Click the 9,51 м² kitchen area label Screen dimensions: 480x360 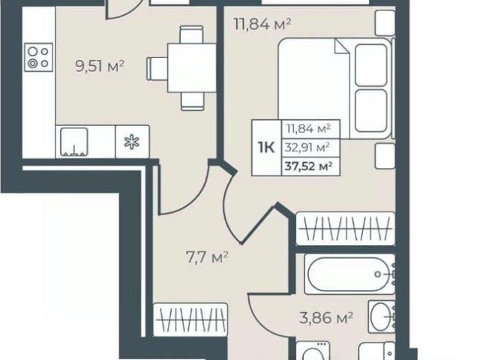[x=100, y=66]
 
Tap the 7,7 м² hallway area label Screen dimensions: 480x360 [x=207, y=257]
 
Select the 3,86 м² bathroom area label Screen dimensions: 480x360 [x=326, y=318]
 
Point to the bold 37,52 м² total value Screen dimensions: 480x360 [x=308, y=166]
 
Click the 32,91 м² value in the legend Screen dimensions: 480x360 [x=307, y=148]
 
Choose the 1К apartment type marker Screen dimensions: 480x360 [x=266, y=148]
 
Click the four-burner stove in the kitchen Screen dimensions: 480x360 [x=38, y=57]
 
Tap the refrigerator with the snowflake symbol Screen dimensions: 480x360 [x=132, y=142]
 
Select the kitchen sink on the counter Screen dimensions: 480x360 [x=74, y=142]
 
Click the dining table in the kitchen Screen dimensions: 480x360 [x=192, y=68]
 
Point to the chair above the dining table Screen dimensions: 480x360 [x=192, y=34]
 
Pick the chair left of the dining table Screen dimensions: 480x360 [x=157, y=68]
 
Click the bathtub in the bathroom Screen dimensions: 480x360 [x=349, y=274]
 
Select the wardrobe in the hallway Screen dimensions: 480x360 [x=190, y=320]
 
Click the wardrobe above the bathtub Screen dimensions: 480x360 [x=346, y=229]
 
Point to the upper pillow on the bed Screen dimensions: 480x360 [x=371, y=65]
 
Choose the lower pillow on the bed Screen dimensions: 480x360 [x=371, y=111]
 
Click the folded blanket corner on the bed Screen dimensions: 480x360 [x=342, y=46]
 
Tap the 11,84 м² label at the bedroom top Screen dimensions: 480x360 [x=262, y=24]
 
